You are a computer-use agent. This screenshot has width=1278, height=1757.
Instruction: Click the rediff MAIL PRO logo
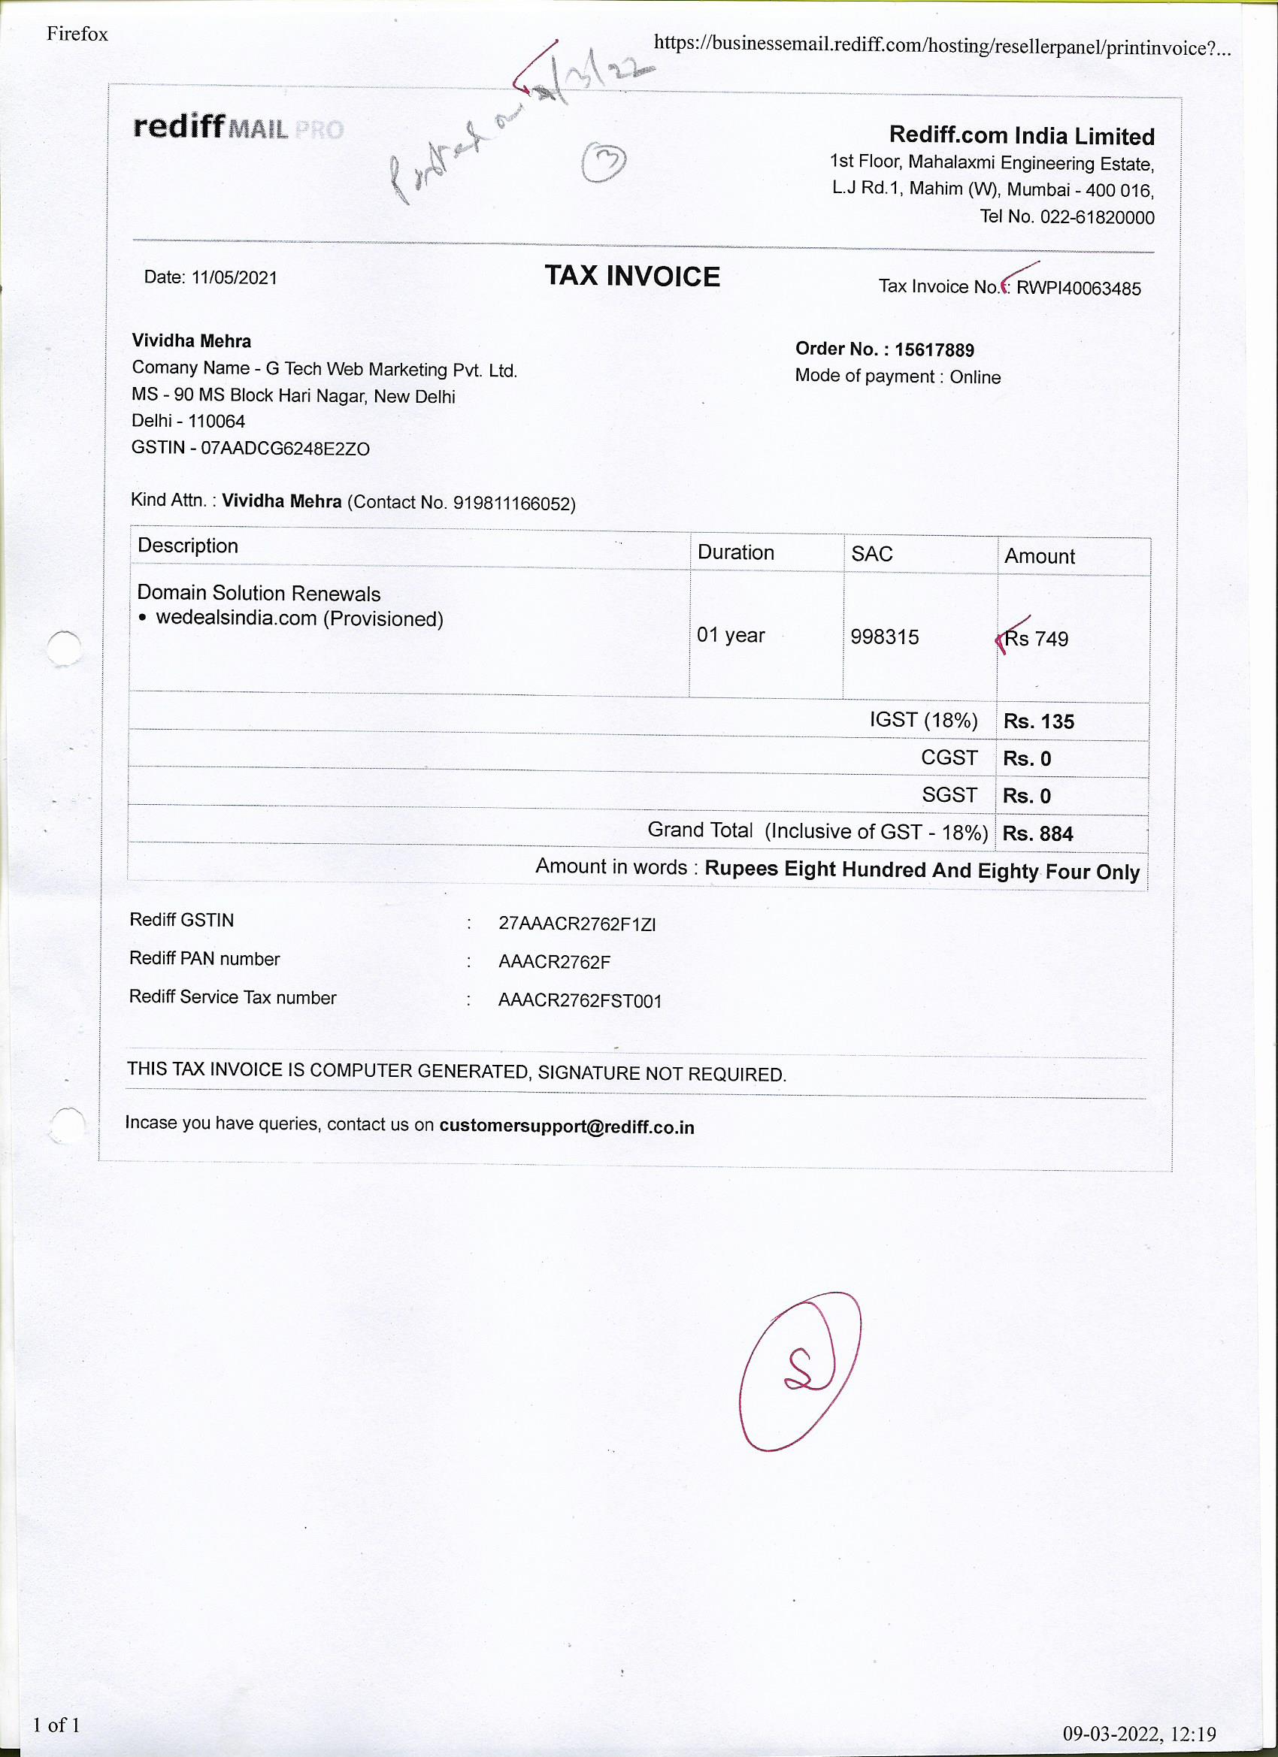(238, 127)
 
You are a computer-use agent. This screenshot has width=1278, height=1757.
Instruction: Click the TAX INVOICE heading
(631, 277)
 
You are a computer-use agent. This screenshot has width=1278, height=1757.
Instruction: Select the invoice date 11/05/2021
(234, 278)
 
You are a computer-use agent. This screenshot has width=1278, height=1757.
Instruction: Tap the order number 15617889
(934, 350)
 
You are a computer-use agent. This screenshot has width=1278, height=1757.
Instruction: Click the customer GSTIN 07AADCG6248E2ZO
(285, 449)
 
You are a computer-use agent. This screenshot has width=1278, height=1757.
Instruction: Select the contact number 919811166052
(512, 504)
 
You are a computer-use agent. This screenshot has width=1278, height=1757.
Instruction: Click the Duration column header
(735, 552)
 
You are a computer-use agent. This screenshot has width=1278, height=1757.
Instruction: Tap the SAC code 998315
(884, 637)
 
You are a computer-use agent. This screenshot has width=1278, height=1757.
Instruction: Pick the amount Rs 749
(1037, 639)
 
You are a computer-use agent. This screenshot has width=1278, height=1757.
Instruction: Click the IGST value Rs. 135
(1038, 721)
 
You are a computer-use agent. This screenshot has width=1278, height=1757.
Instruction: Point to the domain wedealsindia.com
(236, 618)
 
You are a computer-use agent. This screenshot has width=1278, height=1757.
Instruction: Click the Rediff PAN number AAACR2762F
(554, 962)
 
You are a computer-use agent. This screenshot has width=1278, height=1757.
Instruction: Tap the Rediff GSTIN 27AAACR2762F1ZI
(577, 924)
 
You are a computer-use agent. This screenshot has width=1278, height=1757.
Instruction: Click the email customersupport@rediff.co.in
(567, 1126)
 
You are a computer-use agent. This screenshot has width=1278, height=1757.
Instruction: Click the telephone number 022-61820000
(1097, 218)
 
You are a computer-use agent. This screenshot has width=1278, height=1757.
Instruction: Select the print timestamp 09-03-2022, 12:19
(1138, 1733)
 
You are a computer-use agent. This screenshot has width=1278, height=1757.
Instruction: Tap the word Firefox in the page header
(77, 33)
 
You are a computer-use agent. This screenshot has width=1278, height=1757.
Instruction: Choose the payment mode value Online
(975, 377)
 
